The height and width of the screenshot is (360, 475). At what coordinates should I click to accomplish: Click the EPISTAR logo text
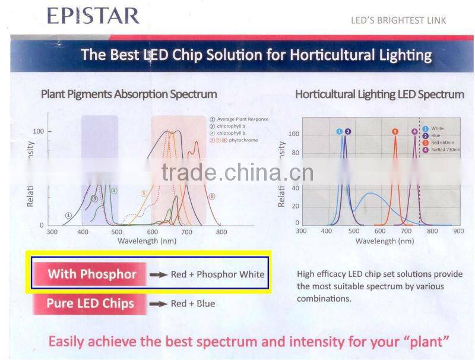(x=93, y=15)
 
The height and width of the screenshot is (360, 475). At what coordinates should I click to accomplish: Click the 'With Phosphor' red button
(x=92, y=274)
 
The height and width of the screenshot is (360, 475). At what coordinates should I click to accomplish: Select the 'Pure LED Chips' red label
(x=90, y=304)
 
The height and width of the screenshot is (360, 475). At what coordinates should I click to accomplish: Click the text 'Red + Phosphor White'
(x=217, y=274)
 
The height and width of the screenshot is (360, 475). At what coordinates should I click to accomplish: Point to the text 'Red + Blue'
(x=193, y=304)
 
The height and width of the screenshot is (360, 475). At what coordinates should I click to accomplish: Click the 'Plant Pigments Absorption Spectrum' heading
(x=129, y=94)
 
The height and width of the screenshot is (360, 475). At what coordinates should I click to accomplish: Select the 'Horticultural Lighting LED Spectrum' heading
(x=379, y=94)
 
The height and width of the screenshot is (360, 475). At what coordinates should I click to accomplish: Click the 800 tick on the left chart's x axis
(x=221, y=232)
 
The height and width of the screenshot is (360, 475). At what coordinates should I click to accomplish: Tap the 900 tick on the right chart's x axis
(x=458, y=231)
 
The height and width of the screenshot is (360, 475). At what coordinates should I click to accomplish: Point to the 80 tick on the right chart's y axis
(x=294, y=153)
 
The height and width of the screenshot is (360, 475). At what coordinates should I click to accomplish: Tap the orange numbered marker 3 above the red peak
(x=395, y=131)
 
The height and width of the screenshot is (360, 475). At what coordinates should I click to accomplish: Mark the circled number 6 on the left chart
(x=211, y=196)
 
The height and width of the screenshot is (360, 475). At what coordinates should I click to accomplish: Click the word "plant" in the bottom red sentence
(x=423, y=342)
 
